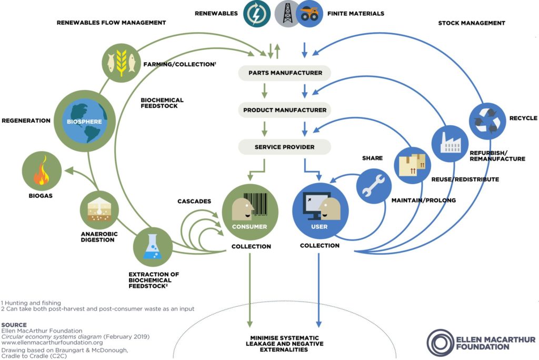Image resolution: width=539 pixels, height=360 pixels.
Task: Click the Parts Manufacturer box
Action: pyautogui.click(x=285, y=73)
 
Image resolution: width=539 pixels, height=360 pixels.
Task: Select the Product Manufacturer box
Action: pyautogui.click(x=285, y=110)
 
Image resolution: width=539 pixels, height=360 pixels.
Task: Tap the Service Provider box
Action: pyautogui.click(x=285, y=147)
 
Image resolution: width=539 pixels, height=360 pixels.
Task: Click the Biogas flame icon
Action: pyautogui.click(x=41, y=174)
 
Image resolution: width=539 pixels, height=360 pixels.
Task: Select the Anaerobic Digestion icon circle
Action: pyautogui.click(x=99, y=210)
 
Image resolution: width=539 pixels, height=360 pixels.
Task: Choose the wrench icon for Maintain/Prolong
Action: pyautogui.click(x=374, y=185)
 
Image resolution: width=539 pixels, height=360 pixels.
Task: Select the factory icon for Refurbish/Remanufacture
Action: pyautogui.click(x=450, y=141)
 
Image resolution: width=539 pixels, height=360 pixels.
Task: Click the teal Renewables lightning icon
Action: pyautogui.click(x=257, y=14)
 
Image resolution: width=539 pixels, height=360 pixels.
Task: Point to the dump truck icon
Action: pyautogui.click(x=310, y=14)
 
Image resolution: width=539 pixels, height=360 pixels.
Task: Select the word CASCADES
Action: pyautogui.click(x=194, y=201)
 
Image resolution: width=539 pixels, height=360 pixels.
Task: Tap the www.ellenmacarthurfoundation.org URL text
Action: pyautogui.click(x=45, y=343)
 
